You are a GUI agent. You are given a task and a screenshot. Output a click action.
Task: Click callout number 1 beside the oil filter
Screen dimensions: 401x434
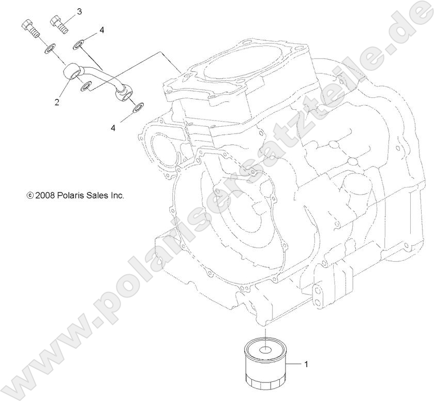[x=306, y=364]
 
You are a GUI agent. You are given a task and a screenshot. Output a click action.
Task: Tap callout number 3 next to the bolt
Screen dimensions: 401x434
[x=79, y=11]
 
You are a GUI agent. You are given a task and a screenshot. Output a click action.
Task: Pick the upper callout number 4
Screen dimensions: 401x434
[x=101, y=31]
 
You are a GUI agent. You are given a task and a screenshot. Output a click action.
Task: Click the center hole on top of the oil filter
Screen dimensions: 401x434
[x=264, y=349]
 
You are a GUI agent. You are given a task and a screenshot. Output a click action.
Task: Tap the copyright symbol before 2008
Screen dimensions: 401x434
[x=29, y=196]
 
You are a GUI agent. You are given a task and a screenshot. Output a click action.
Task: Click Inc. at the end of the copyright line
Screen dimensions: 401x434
[x=117, y=196]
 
